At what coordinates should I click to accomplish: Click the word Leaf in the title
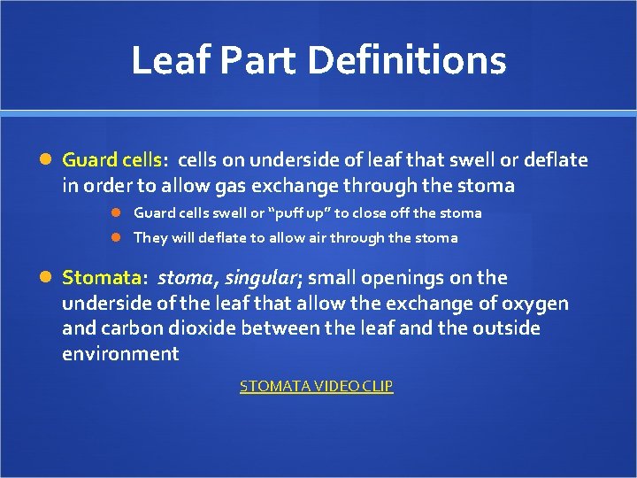(x=170, y=61)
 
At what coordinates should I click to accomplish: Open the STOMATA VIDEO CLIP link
(x=317, y=386)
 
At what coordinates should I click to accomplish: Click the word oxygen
(x=536, y=304)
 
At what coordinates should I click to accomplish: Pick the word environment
(x=120, y=355)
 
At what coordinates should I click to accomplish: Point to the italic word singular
(x=261, y=278)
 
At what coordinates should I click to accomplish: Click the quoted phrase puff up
(x=296, y=213)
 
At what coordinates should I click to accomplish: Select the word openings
(x=403, y=278)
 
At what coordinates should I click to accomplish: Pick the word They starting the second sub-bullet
(x=148, y=237)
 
